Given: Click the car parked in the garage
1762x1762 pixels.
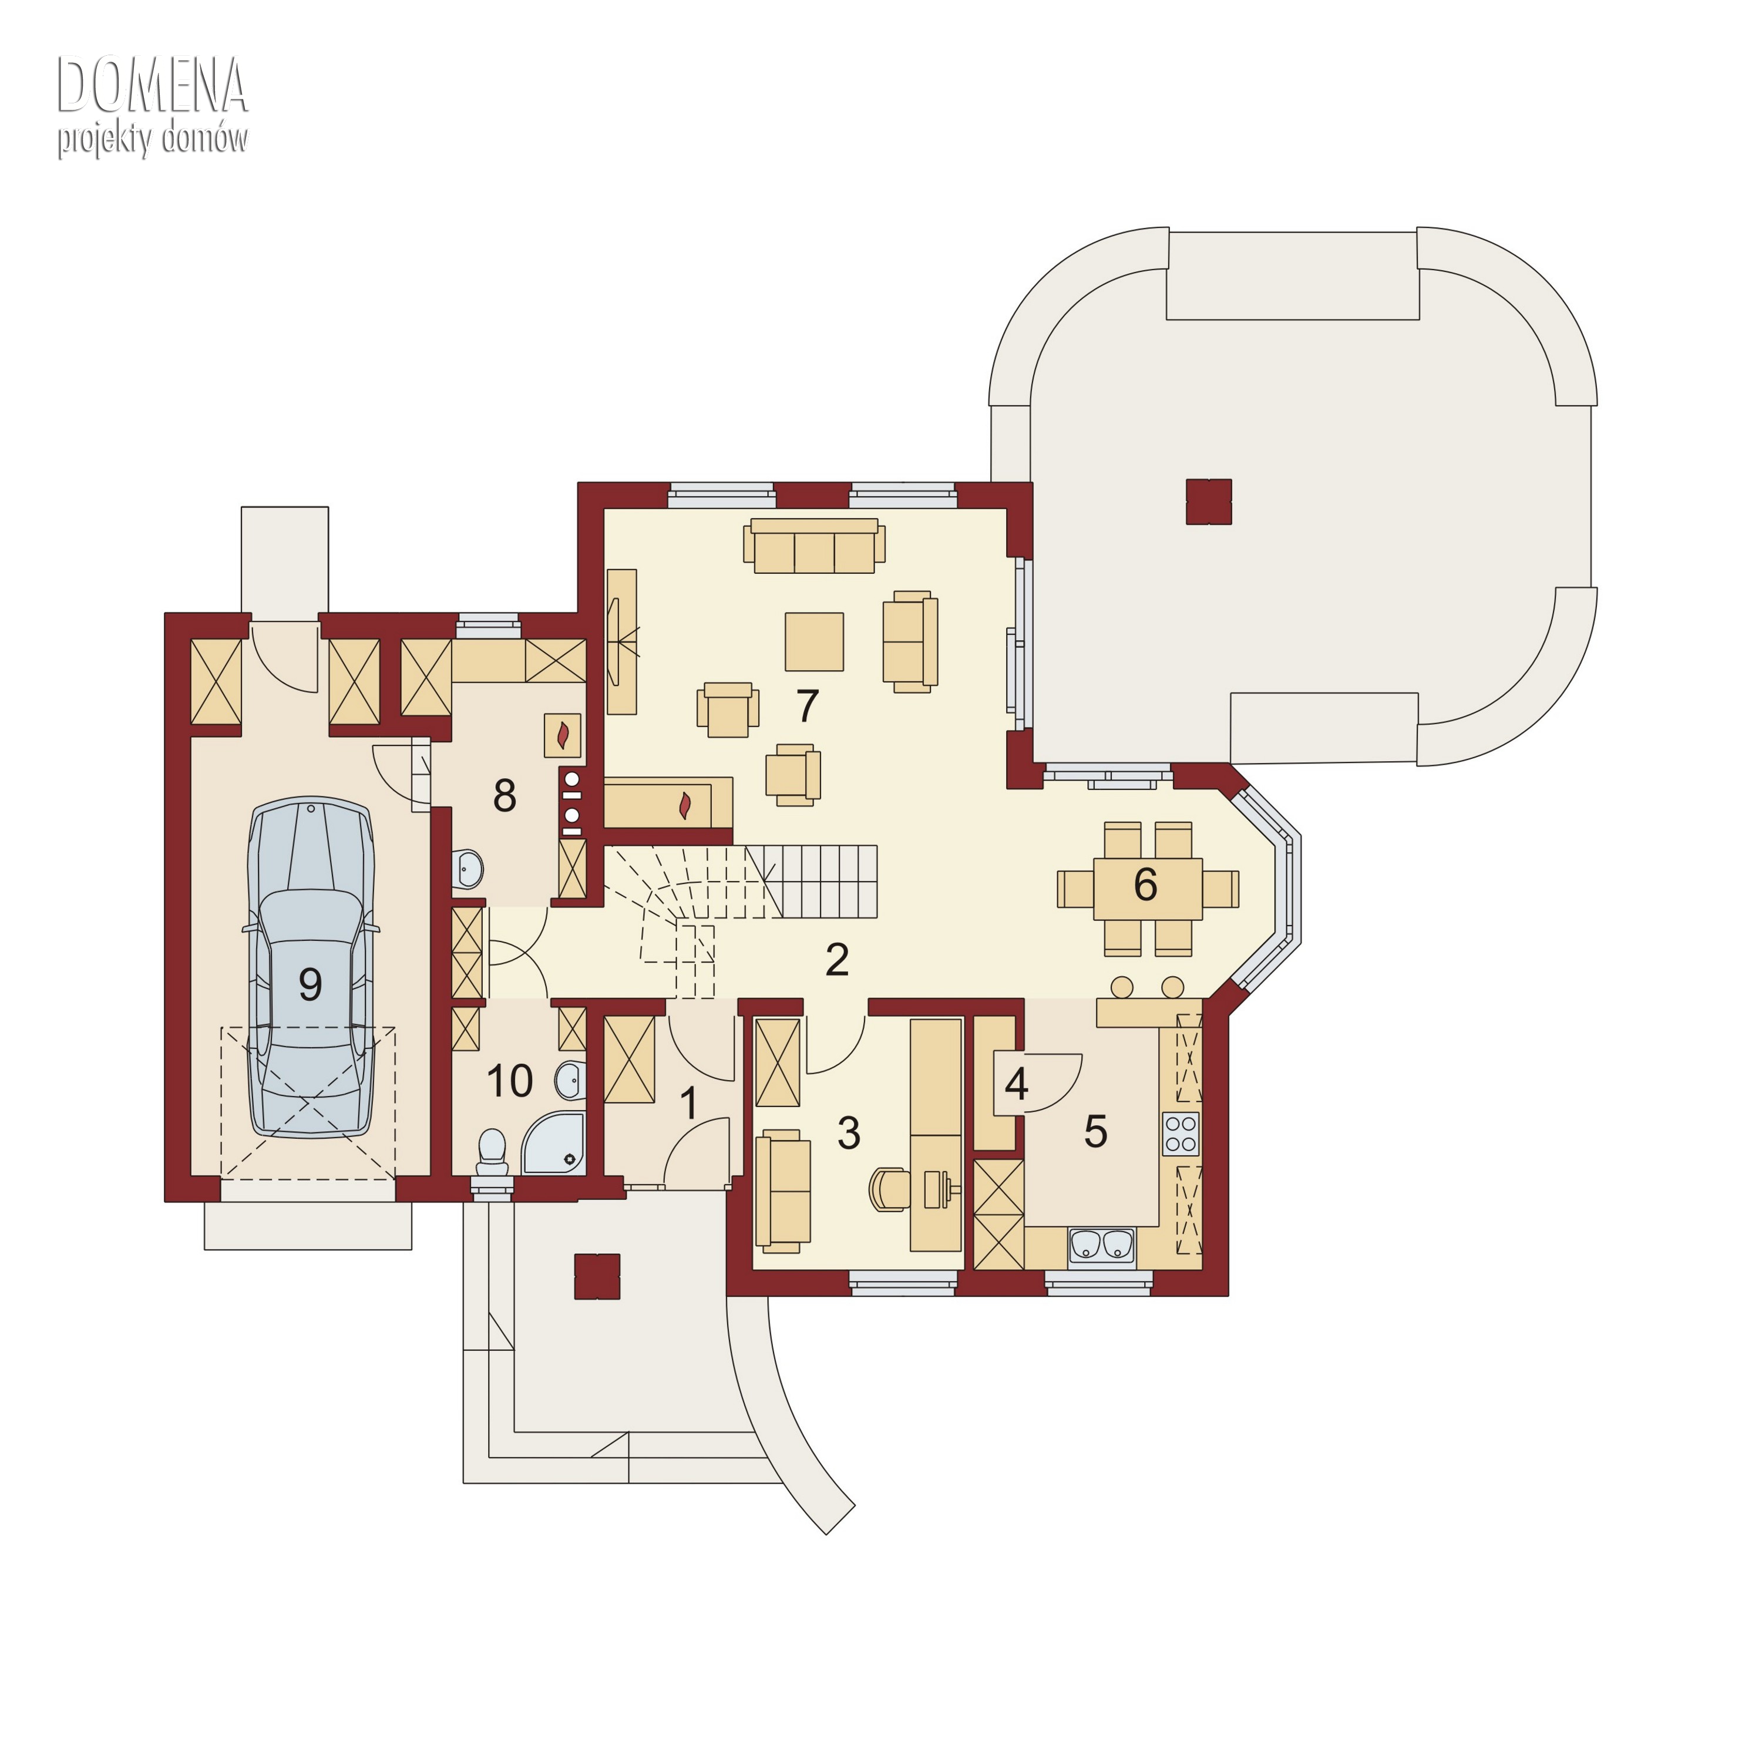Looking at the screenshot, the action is point(311,968).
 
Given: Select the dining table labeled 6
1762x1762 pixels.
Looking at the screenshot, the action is point(1147,888).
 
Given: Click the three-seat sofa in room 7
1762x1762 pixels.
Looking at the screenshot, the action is point(815,546).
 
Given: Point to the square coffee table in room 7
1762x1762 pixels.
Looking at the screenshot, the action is point(815,641).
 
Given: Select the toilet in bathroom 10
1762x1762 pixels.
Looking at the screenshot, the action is point(493,1153).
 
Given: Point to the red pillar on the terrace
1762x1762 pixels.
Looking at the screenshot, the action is point(1208,502).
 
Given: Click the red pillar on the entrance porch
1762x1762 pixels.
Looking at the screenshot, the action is point(597,1276).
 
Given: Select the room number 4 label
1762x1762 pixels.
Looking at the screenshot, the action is point(1016,1084).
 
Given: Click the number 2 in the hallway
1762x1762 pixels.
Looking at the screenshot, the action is point(837,960).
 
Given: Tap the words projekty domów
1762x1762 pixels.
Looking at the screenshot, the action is point(152,140).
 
